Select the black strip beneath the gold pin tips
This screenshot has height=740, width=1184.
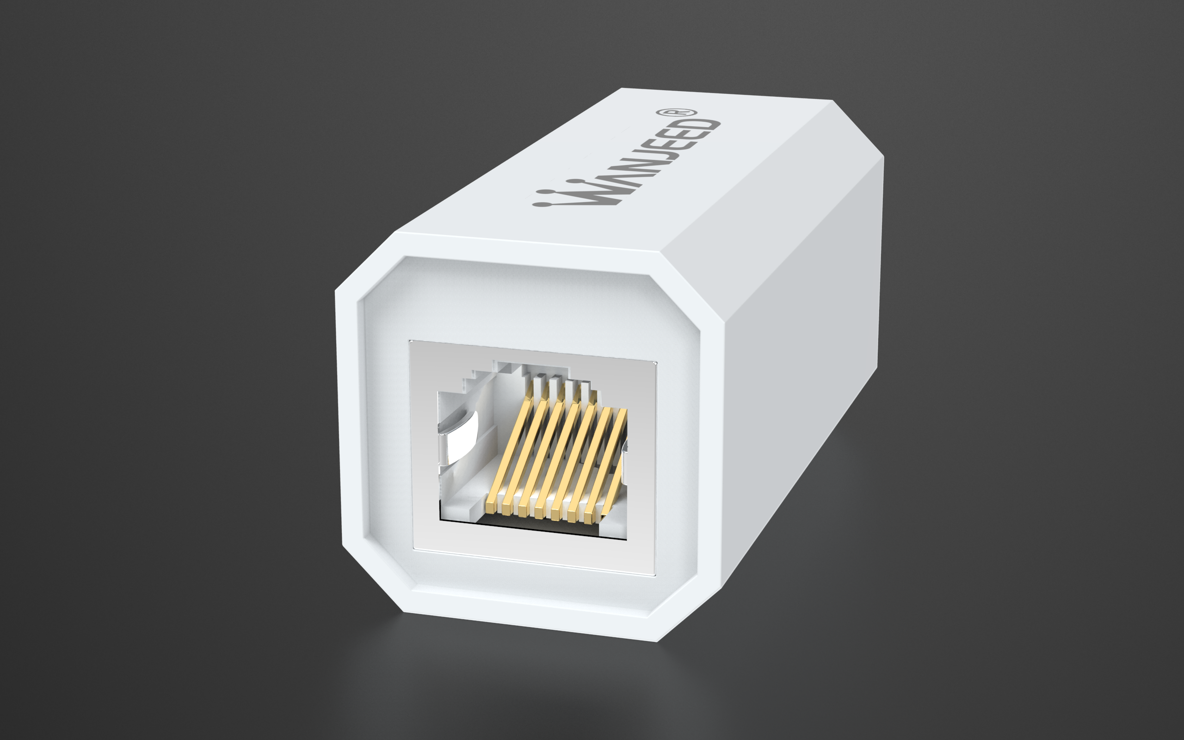[538, 528]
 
